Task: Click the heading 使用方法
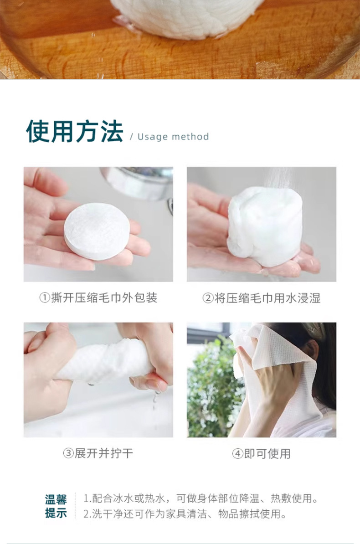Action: [74, 132]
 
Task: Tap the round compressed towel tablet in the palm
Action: [97, 231]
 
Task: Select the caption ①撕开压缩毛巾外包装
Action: [98, 298]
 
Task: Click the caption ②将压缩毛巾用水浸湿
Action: [261, 298]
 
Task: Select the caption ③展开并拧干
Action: [98, 453]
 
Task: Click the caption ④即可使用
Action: [261, 453]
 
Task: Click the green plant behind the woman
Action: [210, 392]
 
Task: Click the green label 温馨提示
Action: [56, 506]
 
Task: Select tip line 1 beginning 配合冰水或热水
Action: [201, 498]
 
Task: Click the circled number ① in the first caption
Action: [44, 298]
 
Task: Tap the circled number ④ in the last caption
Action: [237, 454]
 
